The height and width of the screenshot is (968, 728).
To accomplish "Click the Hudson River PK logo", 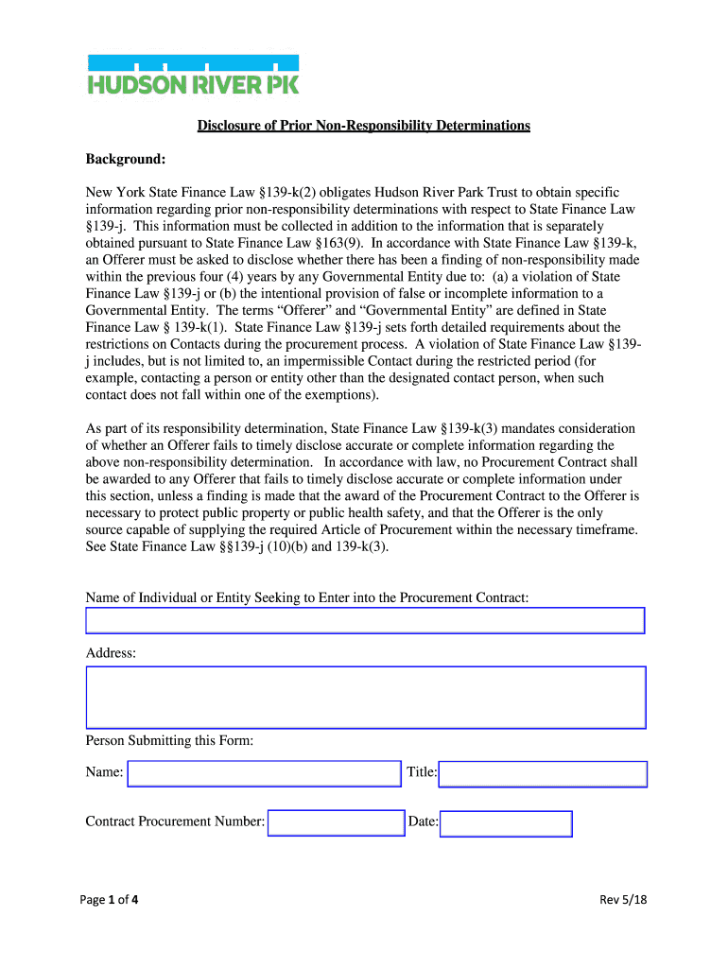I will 193,75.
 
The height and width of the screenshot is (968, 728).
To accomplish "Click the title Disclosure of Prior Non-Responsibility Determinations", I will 363,126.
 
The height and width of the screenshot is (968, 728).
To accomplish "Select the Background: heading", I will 126,159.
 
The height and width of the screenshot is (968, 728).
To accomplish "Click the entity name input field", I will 365,620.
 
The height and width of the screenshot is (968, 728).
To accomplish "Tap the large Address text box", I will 365,698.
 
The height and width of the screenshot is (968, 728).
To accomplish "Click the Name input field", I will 265,773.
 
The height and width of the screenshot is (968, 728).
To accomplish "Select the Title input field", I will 543,774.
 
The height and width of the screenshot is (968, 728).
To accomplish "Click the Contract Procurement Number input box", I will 337,822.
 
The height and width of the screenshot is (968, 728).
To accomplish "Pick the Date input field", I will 506,823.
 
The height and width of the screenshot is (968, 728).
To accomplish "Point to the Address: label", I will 111,653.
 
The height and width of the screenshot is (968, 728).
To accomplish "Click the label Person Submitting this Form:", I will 169,740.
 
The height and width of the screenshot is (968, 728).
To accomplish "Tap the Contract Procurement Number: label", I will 175,821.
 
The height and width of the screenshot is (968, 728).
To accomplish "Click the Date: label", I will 423,821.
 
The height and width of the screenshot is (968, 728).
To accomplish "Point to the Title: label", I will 422,772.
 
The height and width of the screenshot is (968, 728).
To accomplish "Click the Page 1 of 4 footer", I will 113,899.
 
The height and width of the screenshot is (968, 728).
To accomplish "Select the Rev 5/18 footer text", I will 623,899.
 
